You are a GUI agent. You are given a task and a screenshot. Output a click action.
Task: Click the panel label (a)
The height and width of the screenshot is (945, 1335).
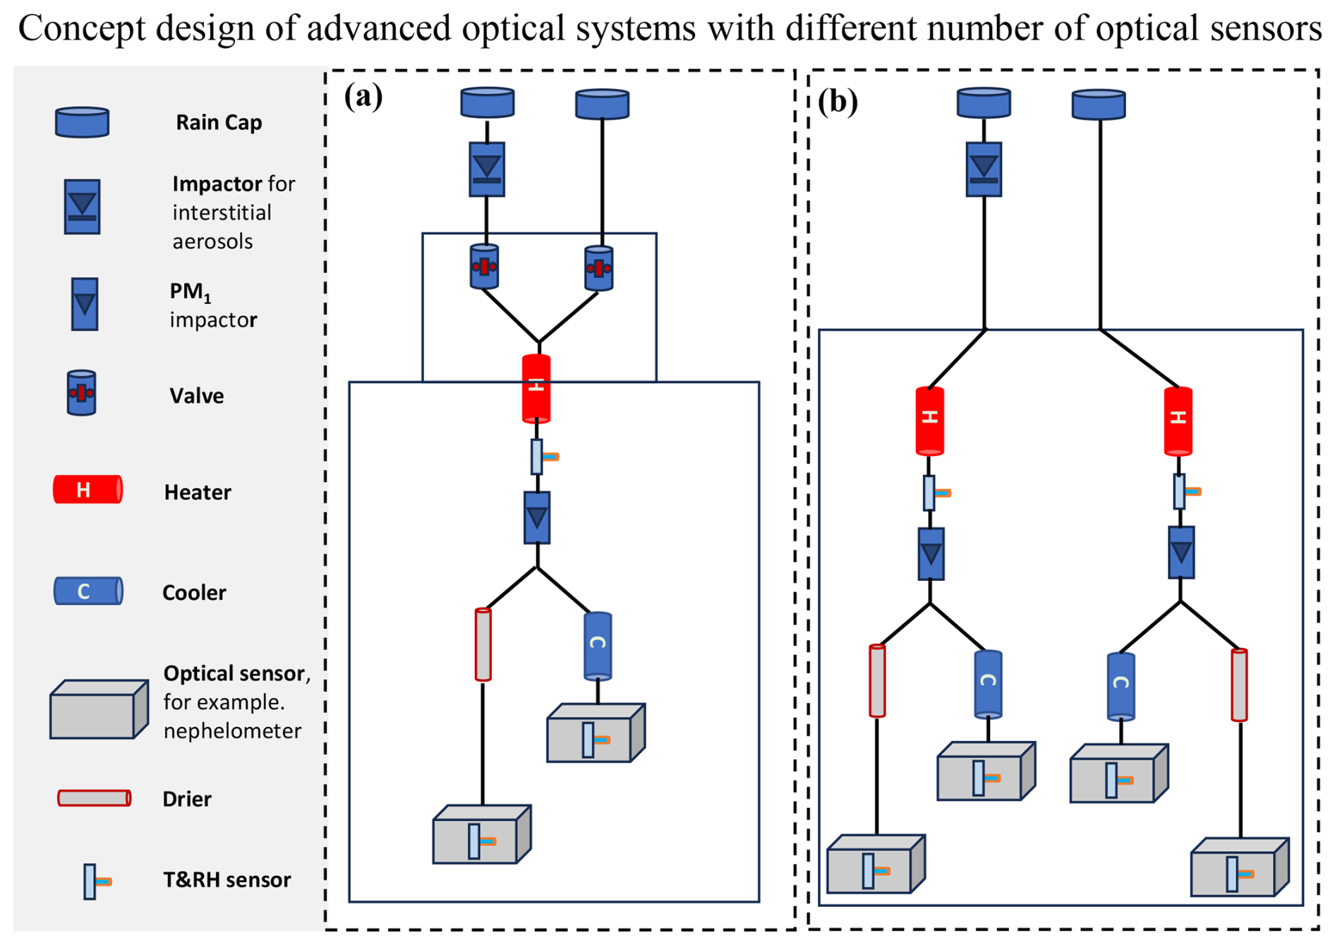click(363, 96)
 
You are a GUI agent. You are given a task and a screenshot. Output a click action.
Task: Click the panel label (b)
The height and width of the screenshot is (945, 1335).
click(838, 102)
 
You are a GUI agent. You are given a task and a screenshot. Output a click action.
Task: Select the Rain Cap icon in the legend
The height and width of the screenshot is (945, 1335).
click(82, 122)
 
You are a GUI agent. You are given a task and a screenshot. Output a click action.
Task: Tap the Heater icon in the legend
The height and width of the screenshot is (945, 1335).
click(87, 490)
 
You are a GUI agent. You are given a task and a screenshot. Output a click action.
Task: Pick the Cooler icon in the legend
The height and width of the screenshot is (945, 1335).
click(88, 591)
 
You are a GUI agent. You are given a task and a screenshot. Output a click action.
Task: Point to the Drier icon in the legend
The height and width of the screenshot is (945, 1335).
click(94, 798)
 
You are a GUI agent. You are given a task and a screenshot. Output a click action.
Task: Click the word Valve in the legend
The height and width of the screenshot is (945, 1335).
click(196, 396)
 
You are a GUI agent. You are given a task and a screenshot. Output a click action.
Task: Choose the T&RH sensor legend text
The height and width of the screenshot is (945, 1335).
click(226, 880)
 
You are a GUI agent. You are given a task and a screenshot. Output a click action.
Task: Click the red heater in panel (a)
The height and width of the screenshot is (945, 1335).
click(536, 388)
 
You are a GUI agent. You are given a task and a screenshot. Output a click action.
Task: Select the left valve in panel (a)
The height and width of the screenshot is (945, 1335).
click(484, 267)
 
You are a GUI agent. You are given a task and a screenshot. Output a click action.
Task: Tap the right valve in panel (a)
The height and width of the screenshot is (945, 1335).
click(599, 268)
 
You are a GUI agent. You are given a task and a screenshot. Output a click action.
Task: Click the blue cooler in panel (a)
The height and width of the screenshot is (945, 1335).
click(598, 645)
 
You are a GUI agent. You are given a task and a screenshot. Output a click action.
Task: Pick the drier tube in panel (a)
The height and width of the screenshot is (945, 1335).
click(483, 644)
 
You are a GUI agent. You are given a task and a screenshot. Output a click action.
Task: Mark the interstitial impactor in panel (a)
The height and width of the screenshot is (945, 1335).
click(487, 169)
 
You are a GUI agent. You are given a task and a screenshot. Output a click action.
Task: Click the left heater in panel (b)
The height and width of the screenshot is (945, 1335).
click(930, 420)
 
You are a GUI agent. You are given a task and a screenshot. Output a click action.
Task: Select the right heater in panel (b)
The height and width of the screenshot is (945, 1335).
click(1178, 420)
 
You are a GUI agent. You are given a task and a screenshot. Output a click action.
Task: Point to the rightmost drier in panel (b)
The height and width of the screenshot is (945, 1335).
click(1239, 685)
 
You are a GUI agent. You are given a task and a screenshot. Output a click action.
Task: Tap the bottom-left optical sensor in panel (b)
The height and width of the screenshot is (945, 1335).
click(876, 865)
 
